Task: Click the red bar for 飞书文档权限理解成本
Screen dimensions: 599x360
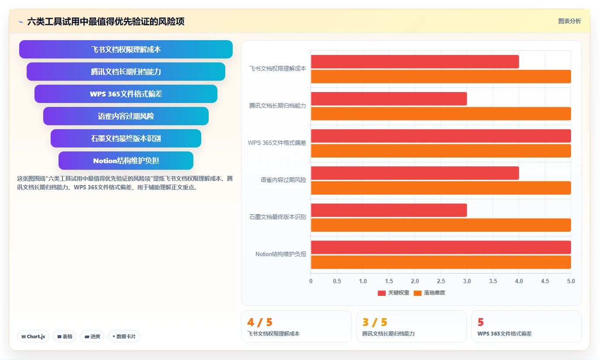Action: (415, 62)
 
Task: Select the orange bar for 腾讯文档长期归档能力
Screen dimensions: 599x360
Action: (441, 113)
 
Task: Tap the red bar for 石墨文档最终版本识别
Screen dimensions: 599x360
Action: (389, 210)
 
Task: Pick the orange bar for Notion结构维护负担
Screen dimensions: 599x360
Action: (441, 262)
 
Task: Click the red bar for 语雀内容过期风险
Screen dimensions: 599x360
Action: (415, 173)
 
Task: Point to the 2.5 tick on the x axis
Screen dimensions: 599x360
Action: (441, 281)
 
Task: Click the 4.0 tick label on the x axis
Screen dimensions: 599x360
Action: (519, 281)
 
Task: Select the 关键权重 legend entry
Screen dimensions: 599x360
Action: (393, 293)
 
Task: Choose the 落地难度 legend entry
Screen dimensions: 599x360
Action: (429, 293)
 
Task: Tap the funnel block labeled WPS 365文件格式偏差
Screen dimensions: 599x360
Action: (126, 94)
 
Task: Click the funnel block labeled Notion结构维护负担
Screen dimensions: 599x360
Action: (126, 161)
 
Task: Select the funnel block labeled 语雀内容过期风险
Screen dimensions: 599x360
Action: (126, 116)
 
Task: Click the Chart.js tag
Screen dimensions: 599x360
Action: (33, 336)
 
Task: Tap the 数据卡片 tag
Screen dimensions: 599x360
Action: (124, 336)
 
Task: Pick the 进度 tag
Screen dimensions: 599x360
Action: (92, 336)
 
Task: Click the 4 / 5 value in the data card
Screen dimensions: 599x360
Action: (260, 322)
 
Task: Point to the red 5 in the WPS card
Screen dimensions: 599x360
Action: (481, 322)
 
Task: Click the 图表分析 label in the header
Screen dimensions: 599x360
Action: (570, 21)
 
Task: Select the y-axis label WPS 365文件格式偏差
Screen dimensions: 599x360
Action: (277, 143)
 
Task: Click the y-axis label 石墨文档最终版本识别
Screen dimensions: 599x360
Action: (278, 217)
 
